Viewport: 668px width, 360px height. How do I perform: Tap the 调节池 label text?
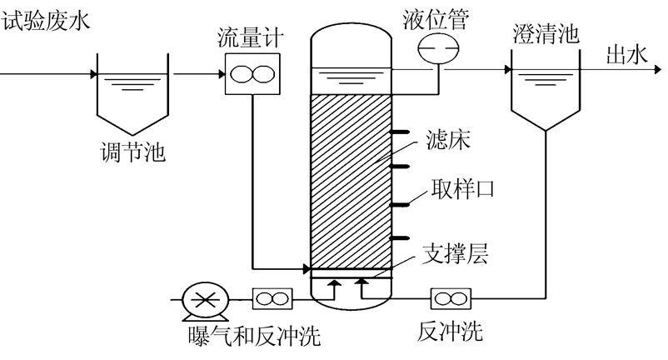[130, 152]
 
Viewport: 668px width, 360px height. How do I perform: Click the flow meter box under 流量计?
[247, 74]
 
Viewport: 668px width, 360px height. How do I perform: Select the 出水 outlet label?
[626, 55]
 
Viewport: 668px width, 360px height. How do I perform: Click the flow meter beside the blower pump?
[272, 297]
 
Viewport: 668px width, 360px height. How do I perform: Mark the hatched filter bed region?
[350, 179]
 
